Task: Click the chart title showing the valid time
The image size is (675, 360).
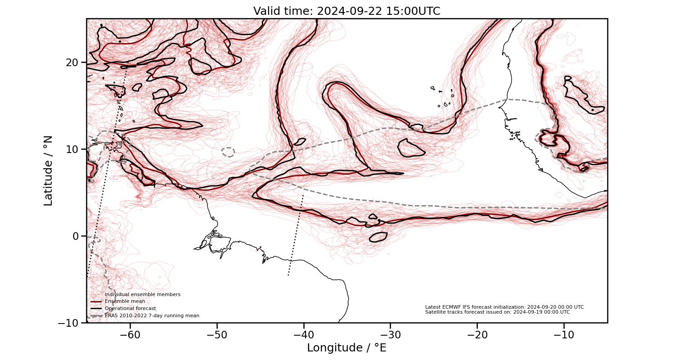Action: (x=346, y=11)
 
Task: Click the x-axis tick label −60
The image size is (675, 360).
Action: (x=130, y=335)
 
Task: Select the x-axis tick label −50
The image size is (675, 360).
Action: (x=217, y=335)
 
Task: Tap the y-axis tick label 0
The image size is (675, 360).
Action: (x=76, y=236)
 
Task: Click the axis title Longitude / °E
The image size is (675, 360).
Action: (x=346, y=348)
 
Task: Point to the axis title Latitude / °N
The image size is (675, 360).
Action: (x=48, y=171)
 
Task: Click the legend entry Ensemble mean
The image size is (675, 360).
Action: (x=125, y=301)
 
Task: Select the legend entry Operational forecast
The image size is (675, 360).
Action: (x=130, y=309)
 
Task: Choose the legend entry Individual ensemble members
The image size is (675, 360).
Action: (x=142, y=294)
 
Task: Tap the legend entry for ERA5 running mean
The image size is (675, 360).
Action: (x=152, y=316)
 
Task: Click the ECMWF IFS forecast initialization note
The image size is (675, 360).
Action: (x=504, y=307)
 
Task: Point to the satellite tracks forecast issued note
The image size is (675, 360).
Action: (x=497, y=312)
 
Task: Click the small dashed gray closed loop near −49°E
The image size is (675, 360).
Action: (x=228, y=152)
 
